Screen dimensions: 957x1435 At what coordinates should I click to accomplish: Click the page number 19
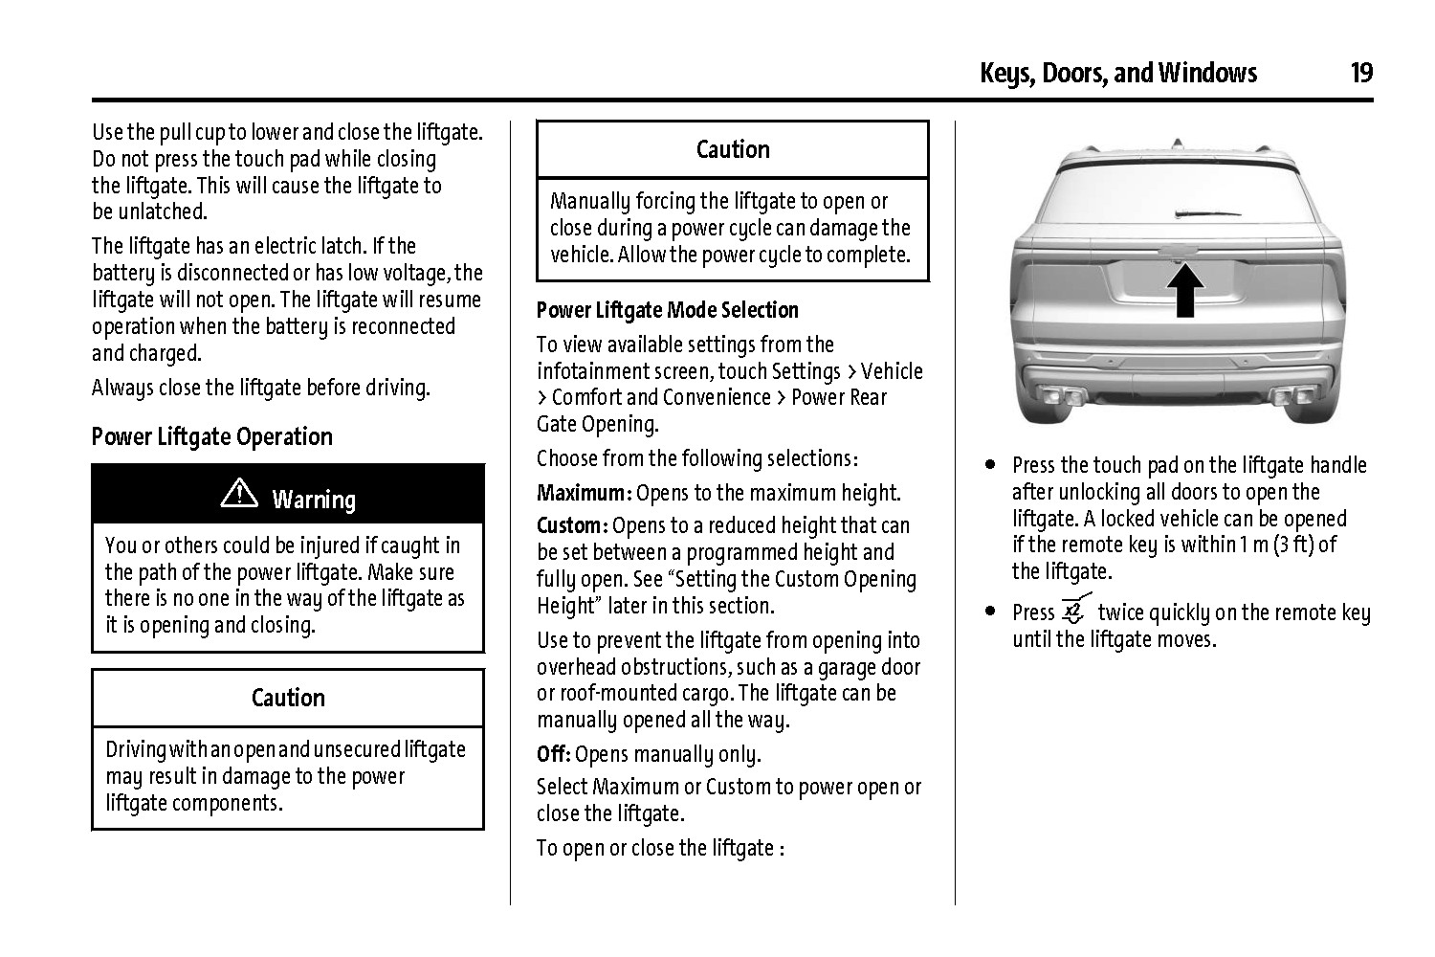(1360, 73)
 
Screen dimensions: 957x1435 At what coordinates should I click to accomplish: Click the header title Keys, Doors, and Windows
(1117, 73)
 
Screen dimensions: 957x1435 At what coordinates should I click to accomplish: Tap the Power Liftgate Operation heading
(211, 436)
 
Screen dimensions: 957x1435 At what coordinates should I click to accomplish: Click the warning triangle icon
(239, 493)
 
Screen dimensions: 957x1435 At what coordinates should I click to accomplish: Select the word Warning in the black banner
(314, 500)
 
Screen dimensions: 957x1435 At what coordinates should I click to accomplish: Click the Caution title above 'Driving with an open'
(288, 698)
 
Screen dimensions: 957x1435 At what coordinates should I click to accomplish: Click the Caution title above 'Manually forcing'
(733, 149)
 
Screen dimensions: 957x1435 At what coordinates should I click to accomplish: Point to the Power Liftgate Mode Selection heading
(667, 310)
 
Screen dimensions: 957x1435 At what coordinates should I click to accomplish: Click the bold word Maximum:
(584, 494)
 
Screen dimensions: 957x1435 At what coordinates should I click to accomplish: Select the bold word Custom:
(572, 526)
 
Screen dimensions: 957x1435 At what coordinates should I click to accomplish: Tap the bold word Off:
(553, 754)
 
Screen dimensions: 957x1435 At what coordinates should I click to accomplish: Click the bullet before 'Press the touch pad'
(991, 466)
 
